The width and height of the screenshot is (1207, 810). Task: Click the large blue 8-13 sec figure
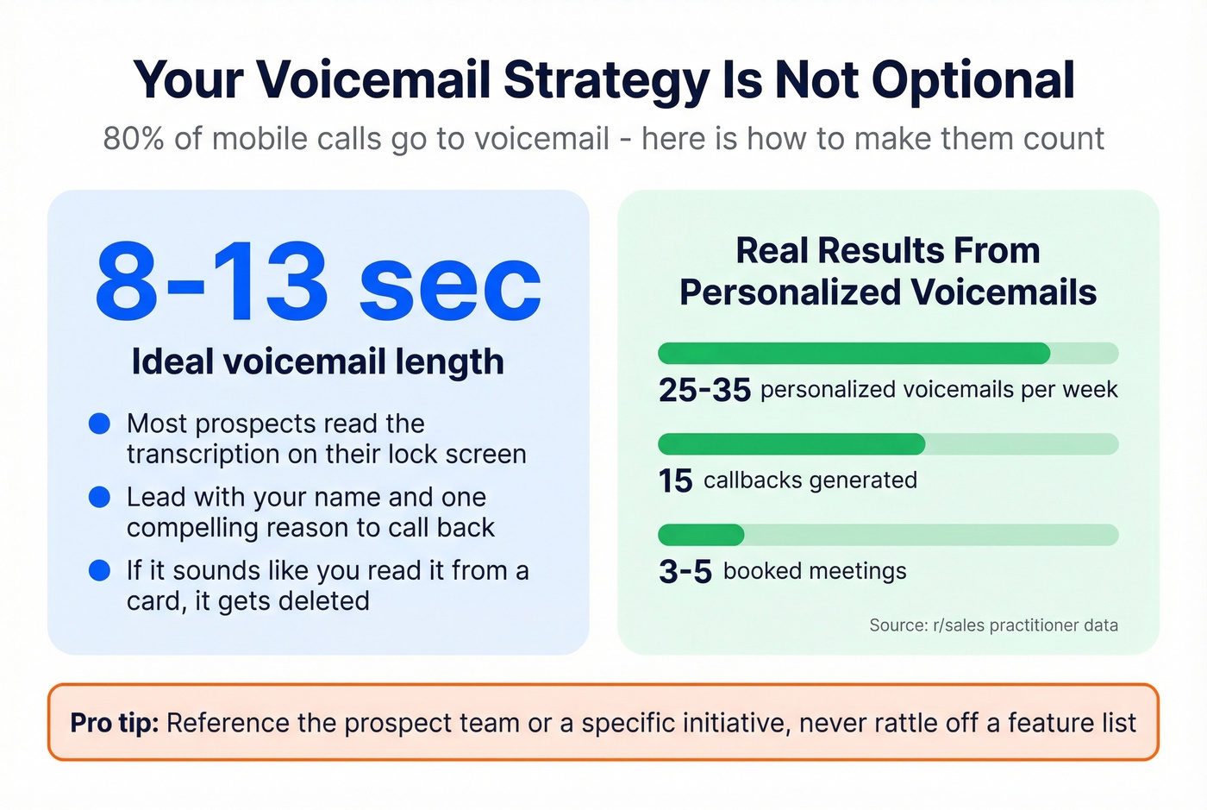point(317,282)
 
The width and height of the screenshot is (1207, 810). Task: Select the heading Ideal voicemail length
point(317,361)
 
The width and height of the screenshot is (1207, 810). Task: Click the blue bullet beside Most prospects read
point(100,424)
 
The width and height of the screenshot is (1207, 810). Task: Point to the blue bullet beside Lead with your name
point(100,497)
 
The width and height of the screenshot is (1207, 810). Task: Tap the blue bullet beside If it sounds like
point(100,570)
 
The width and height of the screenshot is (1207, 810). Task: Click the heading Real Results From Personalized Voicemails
point(888,271)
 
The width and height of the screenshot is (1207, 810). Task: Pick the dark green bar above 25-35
point(854,354)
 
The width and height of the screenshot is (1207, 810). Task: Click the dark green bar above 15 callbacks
point(791,444)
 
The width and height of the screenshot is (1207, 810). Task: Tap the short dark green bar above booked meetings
point(701,535)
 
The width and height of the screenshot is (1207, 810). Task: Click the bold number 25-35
point(704,390)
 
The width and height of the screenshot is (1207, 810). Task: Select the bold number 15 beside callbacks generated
point(675,480)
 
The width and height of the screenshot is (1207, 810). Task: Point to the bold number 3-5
point(685,571)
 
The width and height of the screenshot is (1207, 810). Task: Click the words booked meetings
point(815,571)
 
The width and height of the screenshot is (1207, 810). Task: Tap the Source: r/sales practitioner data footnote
point(993,625)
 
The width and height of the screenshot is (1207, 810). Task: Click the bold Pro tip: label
point(115,723)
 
